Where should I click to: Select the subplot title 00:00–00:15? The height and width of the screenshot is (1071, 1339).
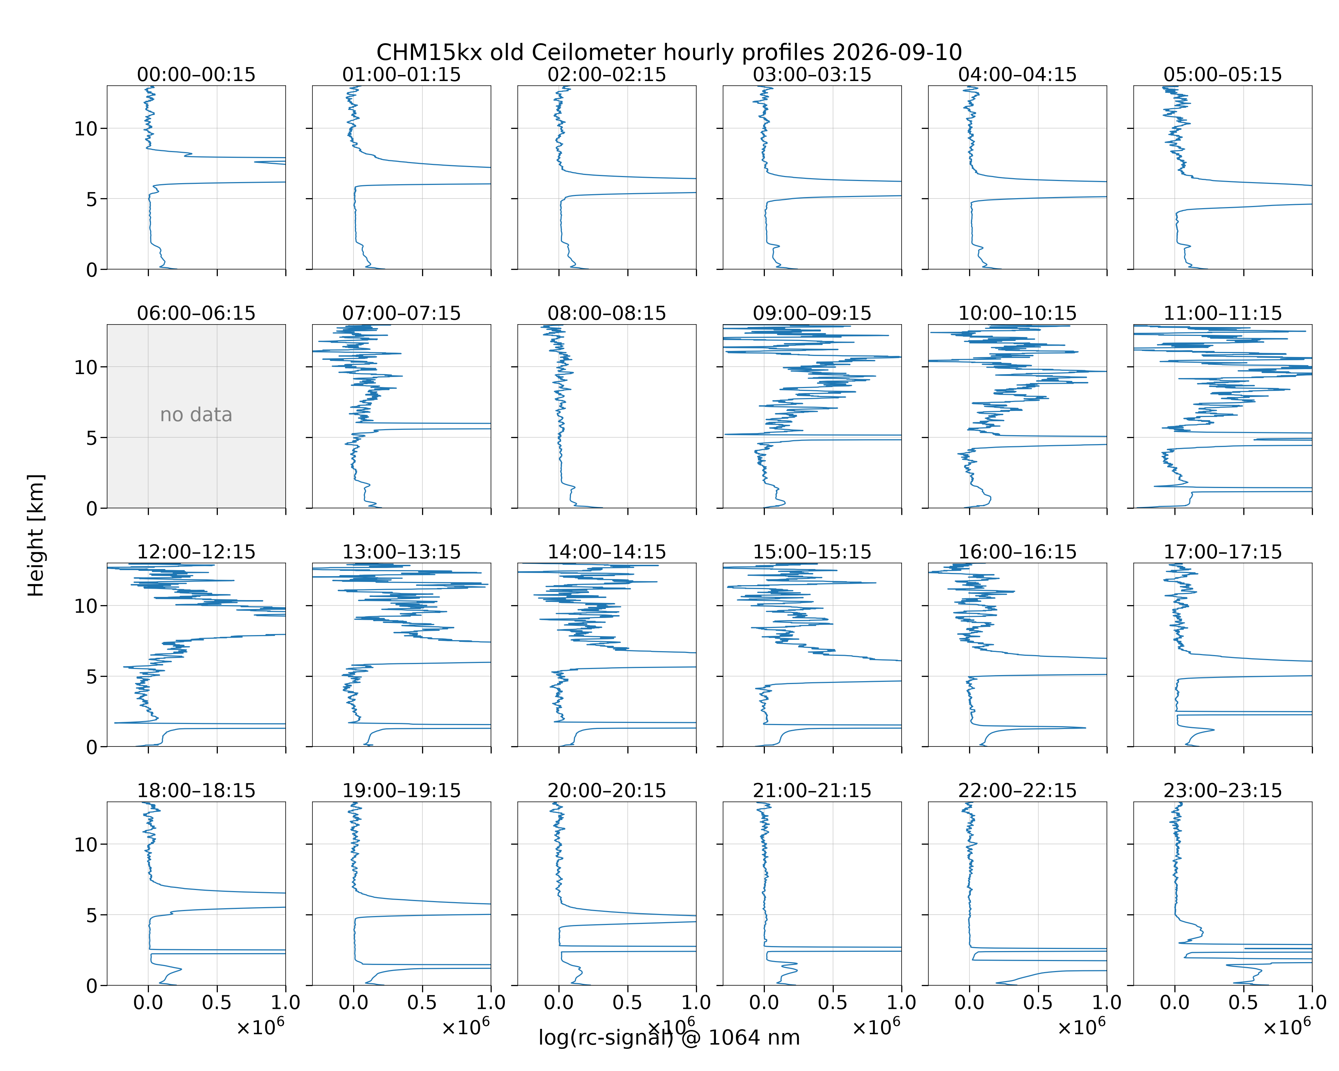click(196, 75)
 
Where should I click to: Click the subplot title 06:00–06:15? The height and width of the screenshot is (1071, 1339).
click(196, 313)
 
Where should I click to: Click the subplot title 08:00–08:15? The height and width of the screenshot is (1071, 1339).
click(607, 313)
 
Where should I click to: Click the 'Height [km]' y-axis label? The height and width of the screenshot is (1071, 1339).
click(36, 535)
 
